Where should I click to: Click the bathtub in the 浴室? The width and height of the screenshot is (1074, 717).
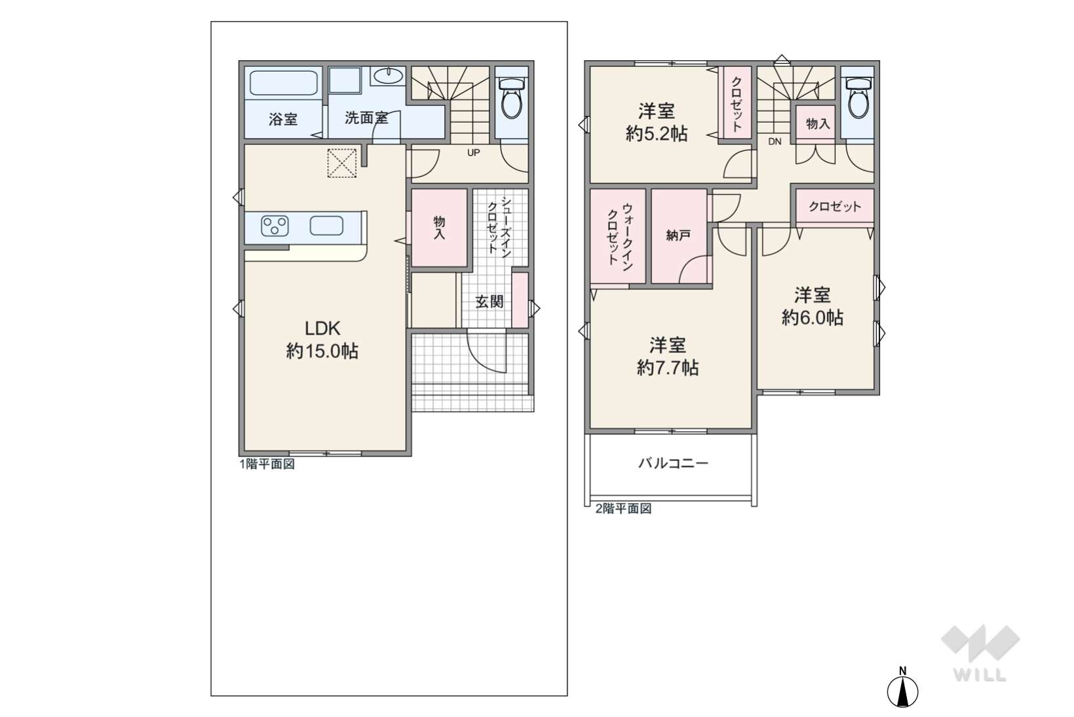[283, 83]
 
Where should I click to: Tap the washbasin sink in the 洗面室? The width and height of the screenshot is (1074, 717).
[389, 76]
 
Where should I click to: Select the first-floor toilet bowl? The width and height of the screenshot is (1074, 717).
[512, 98]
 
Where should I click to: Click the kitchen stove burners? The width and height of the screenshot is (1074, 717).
[275, 226]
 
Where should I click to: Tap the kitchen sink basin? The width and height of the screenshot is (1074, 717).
[326, 226]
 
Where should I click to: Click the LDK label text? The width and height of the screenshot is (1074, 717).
[322, 328]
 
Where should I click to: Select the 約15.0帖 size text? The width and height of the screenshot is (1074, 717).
[322, 352]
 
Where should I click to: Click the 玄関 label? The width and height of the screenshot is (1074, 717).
[489, 302]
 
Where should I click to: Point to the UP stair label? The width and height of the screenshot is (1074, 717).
[473, 153]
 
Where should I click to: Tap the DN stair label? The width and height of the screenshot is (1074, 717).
[775, 142]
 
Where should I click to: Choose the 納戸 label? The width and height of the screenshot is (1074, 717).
[678, 235]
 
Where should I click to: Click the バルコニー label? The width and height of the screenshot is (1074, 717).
[673, 463]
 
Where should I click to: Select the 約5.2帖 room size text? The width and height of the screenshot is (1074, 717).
[657, 134]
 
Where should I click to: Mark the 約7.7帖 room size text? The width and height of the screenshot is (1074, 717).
[668, 367]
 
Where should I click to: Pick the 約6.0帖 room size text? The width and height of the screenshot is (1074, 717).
[813, 318]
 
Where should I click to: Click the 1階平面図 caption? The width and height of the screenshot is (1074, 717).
[267, 464]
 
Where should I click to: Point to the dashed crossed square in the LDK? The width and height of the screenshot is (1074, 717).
[342, 163]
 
